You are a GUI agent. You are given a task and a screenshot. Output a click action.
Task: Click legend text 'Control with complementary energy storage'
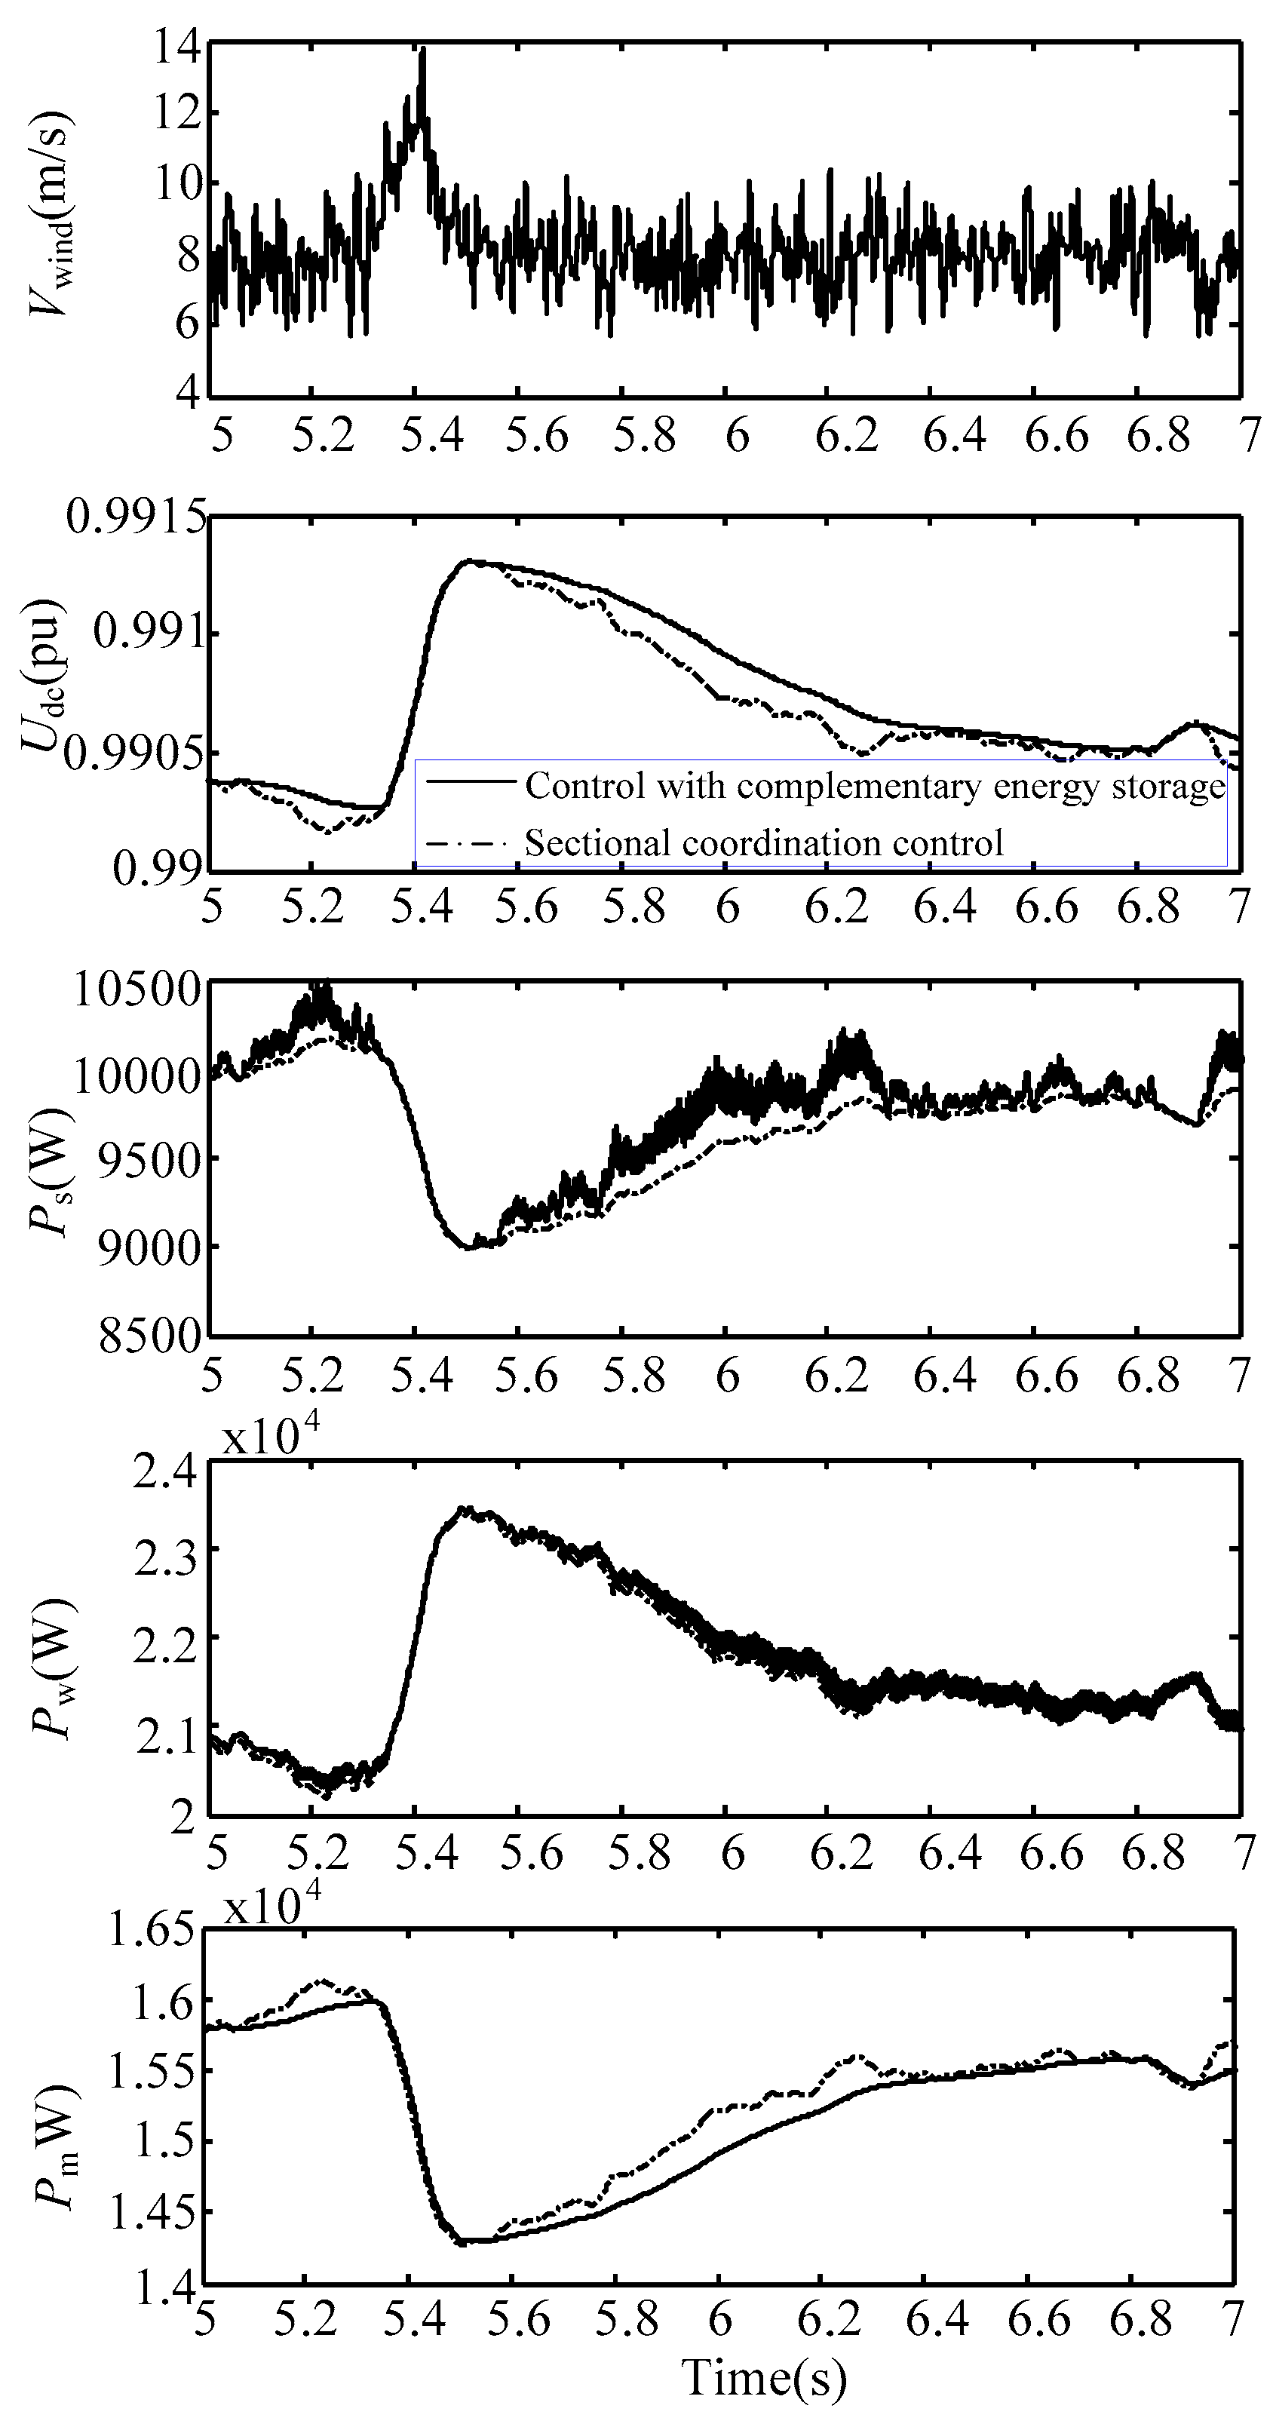pos(874,785)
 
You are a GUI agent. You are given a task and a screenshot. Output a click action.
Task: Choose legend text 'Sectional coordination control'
pos(763,842)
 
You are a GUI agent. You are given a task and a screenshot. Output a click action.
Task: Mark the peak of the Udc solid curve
pos(468,562)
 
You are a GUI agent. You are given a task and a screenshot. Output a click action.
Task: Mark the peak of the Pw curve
pos(462,1509)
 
